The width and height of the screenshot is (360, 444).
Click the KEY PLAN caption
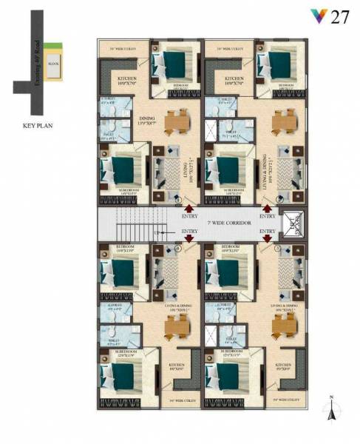35,127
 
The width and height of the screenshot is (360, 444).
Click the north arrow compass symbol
334,406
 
